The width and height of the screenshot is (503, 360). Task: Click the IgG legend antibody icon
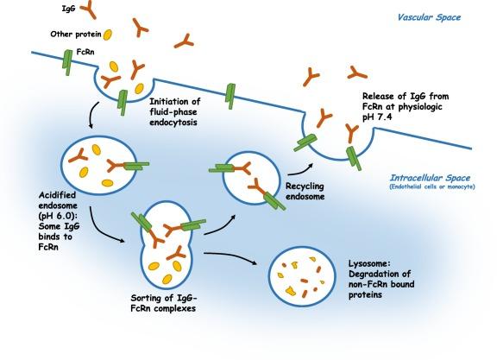pos(85,13)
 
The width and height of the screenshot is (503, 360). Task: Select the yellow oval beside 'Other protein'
pos(108,35)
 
